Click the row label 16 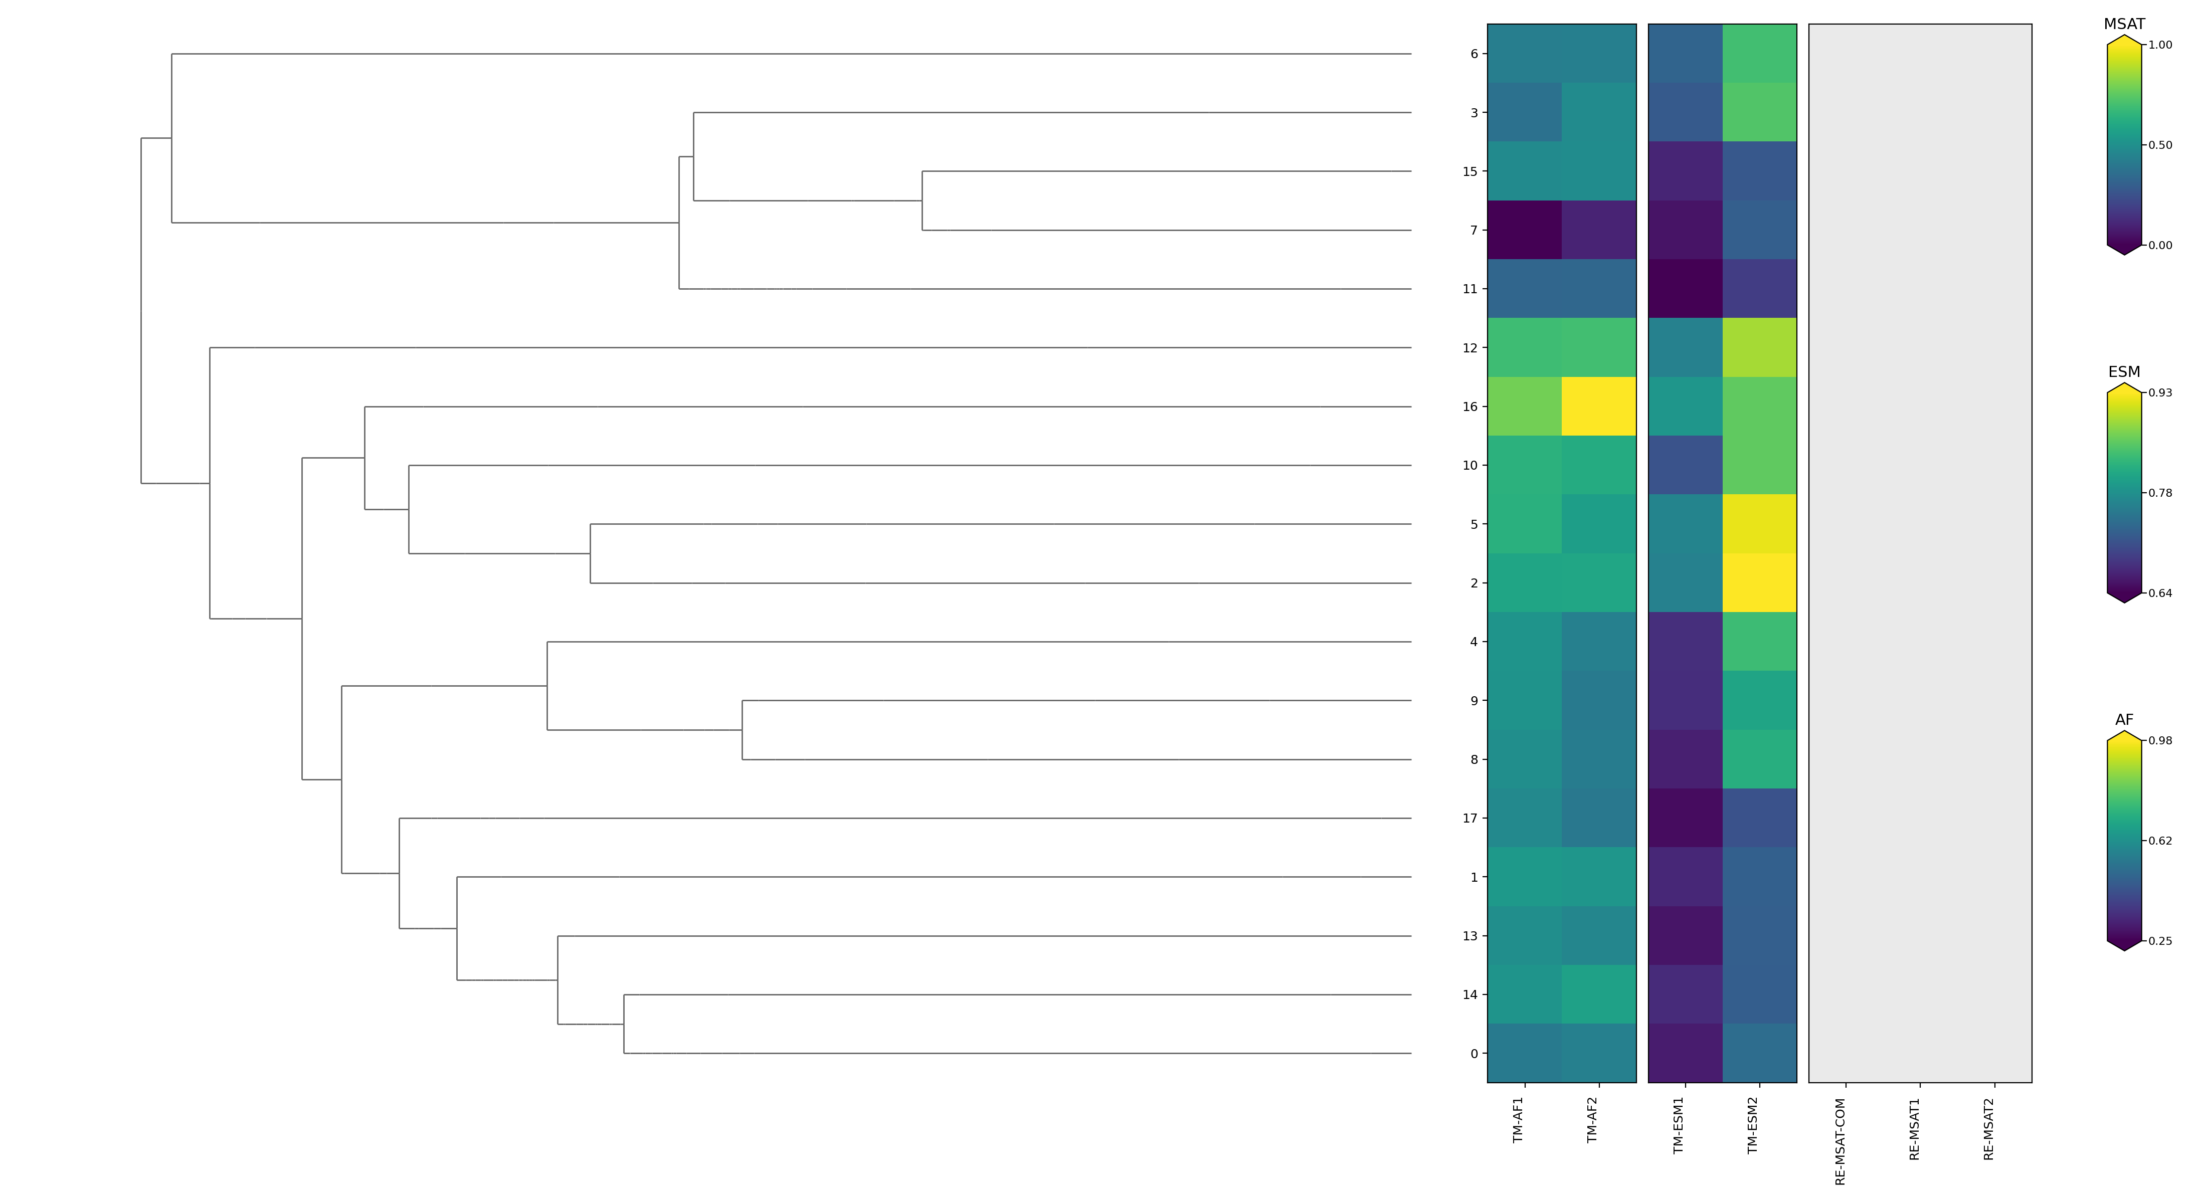click(1469, 407)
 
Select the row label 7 click(1473, 231)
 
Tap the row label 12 click(1469, 348)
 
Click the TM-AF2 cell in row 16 click(1598, 407)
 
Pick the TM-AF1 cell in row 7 click(1524, 231)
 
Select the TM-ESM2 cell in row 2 click(1759, 583)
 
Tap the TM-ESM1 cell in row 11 click(1685, 289)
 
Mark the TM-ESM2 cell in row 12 click(1759, 348)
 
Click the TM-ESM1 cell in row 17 click(1685, 819)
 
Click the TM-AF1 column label click(1518, 1120)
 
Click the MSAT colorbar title click(2124, 24)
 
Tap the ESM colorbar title click(2124, 371)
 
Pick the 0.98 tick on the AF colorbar click(2160, 741)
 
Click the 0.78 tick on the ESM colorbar click(2160, 493)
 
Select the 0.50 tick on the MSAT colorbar click(2160, 145)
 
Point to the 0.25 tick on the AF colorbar click(2160, 941)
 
